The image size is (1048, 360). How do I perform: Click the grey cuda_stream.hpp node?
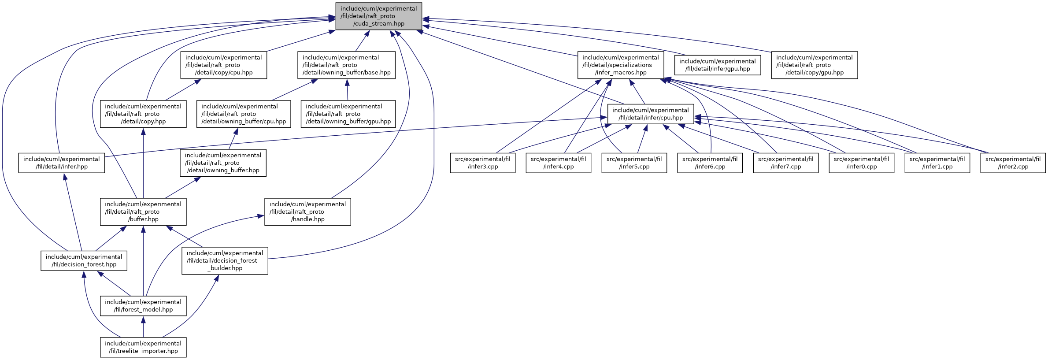[378, 16]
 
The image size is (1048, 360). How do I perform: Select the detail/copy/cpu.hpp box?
[223, 65]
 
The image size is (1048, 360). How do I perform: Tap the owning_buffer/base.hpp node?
[346, 65]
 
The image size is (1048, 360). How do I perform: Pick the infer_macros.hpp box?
[621, 65]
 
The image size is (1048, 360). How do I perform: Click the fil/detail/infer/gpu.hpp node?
[718, 65]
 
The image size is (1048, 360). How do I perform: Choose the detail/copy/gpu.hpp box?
[815, 65]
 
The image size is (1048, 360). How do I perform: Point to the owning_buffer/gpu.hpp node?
[348, 114]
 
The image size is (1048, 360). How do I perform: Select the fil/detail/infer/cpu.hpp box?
[651, 114]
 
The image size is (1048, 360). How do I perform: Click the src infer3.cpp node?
[482, 163]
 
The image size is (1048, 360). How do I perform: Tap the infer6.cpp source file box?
[710, 163]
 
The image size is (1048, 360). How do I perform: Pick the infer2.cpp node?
[1013, 163]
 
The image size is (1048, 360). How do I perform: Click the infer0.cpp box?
[861, 163]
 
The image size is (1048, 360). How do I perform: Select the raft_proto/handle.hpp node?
[307, 212]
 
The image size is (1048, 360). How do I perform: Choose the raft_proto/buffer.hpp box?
[143, 212]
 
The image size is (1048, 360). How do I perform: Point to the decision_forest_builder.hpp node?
[225, 261]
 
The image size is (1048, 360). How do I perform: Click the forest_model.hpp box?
[143, 306]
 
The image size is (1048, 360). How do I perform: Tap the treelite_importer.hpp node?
[143, 347]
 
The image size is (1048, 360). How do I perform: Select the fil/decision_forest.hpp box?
[84, 261]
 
